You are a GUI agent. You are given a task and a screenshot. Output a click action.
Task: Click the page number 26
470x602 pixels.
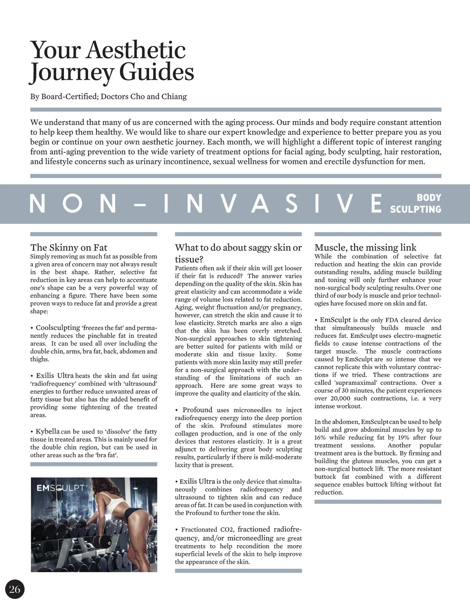(14, 589)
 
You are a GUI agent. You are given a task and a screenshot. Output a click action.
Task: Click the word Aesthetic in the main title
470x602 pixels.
(136, 51)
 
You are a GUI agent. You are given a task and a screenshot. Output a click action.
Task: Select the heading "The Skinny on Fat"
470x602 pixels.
(69, 247)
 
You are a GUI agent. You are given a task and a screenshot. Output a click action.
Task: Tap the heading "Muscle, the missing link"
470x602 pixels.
(365, 247)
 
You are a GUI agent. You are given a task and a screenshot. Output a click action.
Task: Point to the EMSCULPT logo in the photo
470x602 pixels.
(61, 488)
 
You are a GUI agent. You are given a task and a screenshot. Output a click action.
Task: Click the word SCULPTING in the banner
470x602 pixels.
(416, 209)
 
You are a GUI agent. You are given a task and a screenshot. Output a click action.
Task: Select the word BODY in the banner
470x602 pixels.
(429, 198)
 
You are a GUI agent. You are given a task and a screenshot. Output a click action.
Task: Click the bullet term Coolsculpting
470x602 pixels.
(58, 328)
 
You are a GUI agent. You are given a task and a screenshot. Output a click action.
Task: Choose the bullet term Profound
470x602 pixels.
(197, 410)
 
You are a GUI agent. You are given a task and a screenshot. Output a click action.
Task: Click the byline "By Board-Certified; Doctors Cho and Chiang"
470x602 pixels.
(108, 96)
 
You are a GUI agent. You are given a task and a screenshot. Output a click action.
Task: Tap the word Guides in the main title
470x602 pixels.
(156, 73)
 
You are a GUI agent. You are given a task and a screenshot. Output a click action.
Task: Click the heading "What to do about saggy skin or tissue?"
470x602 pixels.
(238, 253)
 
